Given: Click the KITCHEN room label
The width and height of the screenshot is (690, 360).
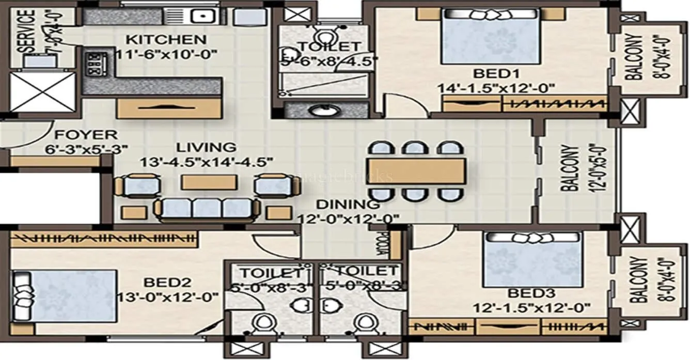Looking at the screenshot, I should (166, 40).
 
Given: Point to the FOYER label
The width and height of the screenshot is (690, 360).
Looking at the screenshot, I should (86, 135).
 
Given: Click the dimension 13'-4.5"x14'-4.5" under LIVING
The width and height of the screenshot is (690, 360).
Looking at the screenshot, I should (206, 162).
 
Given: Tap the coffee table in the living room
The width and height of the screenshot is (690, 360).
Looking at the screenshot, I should (209, 182).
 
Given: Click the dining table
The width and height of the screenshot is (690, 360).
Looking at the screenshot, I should (416, 171).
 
